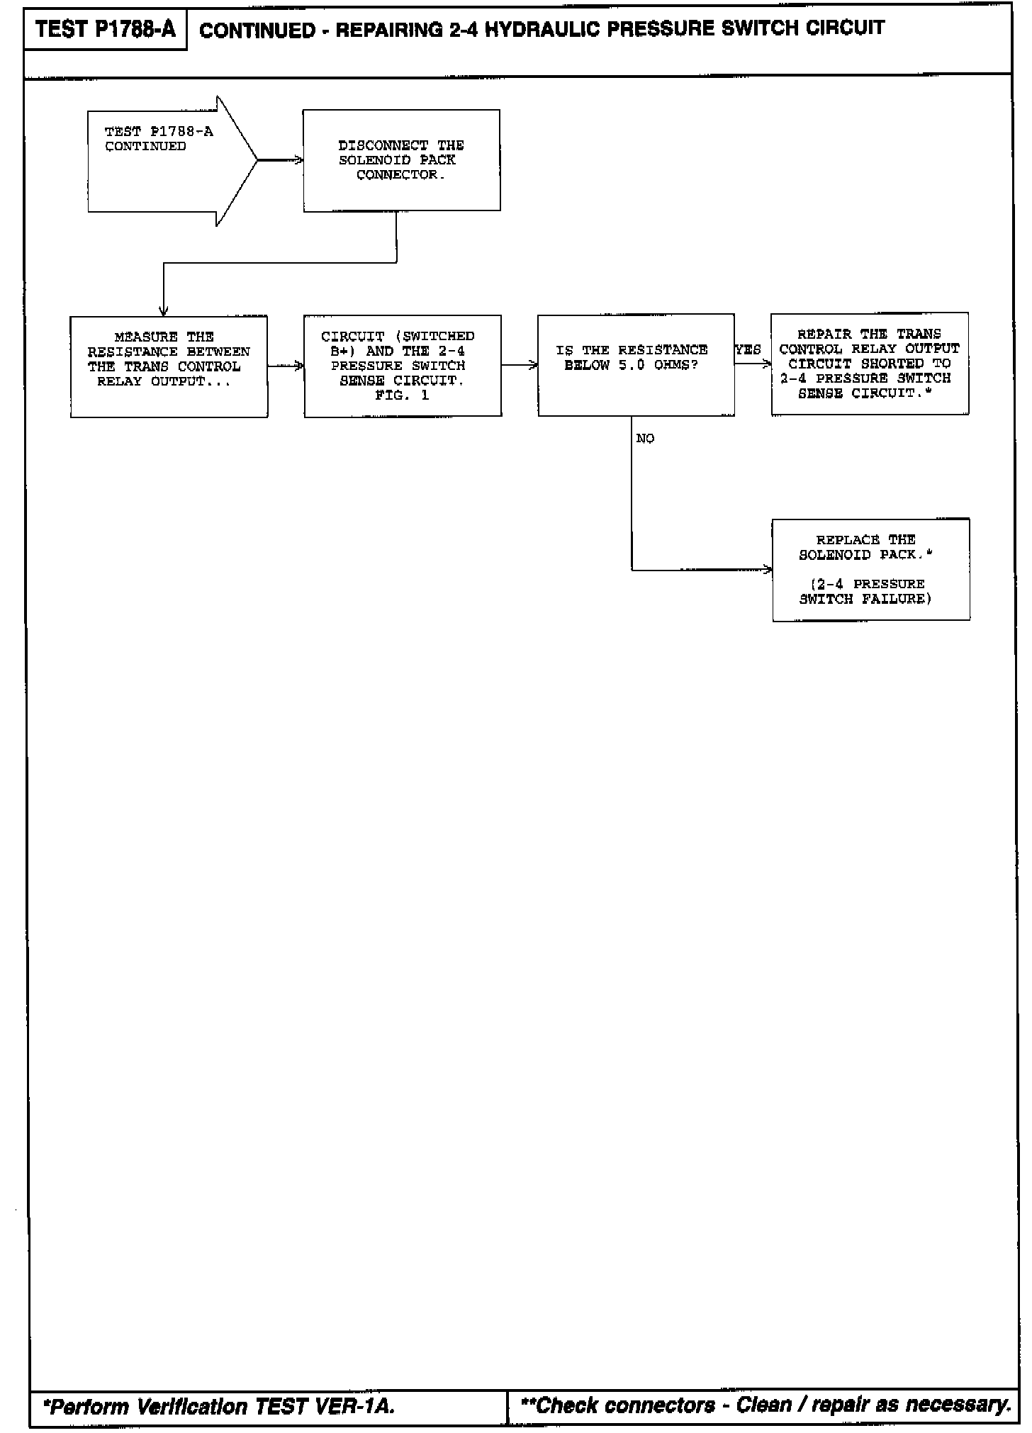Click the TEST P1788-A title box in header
click(x=105, y=30)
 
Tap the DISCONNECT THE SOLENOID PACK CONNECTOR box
click(x=401, y=160)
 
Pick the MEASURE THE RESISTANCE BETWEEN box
click(x=169, y=366)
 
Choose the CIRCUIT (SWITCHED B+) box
click(x=403, y=366)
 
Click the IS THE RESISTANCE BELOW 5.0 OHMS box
click(x=636, y=364)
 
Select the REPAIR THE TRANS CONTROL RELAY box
click(x=870, y=364)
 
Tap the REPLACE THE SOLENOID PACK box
click(x=870, y=570)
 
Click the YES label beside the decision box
click(x=748, y=350)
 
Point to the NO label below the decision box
click(x=645, y=439)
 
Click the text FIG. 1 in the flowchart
click(x=402, y=395)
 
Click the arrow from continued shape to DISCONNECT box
click(x=280, y=161)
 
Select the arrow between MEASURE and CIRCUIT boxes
click(x=286, y=366)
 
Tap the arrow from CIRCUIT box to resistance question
click(x=520, y=366)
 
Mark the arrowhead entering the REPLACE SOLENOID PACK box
click(x=768, y=569)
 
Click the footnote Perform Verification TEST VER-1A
click(x=219, y=1406)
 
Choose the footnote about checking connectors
click(x=765, y=1405)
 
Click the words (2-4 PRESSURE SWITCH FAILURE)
click(x=866, y=592)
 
